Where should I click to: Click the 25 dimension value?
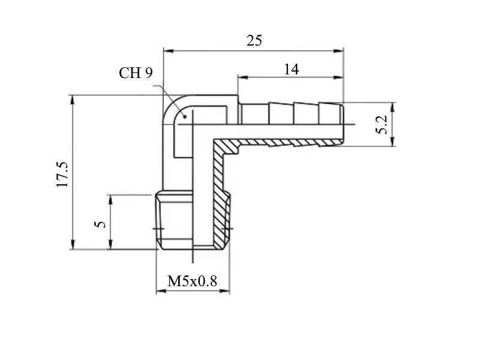point(254,41)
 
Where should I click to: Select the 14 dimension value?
point(291,70)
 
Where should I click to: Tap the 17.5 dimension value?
point(62,174)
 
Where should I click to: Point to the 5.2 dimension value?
point(382,125)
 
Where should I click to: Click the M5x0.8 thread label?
point(192,281)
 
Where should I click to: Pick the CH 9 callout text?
point(136,73)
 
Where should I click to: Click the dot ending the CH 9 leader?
point(185,116)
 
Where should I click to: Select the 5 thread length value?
point(100,224)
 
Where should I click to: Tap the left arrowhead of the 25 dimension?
point(169,50)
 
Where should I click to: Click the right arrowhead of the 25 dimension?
point(338,50)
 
